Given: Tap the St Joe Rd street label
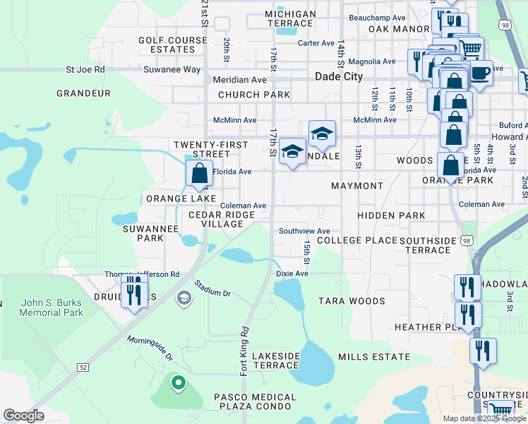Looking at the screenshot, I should [x=85, y=70].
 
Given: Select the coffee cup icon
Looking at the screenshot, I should [x=480, y=72].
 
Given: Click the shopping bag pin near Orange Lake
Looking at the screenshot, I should [x=200, y=173].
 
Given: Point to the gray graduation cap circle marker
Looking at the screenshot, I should [x=184, y=298].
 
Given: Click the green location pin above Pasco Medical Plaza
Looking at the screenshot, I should [x=179, y=384].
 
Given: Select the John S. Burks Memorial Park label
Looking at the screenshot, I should [x=52, y=307].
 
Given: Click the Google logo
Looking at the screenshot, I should [x=24, y=416].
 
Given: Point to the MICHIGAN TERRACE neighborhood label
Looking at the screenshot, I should [x=290, y=19].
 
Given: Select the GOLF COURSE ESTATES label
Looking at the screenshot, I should [x=167, y=45].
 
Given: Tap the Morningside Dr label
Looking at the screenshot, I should [x=150, y=348].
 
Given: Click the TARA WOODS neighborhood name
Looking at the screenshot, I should [x=352, y=301].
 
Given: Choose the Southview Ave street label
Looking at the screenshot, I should [x=304, y=231].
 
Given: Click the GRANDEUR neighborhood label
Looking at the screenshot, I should [x=83, y=93].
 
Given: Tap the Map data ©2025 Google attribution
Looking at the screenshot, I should [x=484, y=418].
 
